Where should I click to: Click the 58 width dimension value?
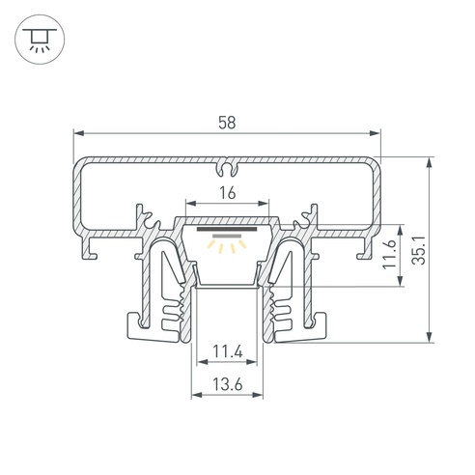(227, 123)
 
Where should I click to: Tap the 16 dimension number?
(228, 193)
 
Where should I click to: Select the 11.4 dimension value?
(228, 351)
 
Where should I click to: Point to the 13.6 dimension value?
(228, 384)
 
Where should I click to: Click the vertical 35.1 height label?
(419, 250)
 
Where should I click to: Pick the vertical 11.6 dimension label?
(389, 253)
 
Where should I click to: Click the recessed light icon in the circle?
(40, 40)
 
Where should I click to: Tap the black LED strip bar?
(227, 229)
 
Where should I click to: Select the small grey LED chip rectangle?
(227, 236)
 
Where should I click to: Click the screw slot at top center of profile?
(227, 168)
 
